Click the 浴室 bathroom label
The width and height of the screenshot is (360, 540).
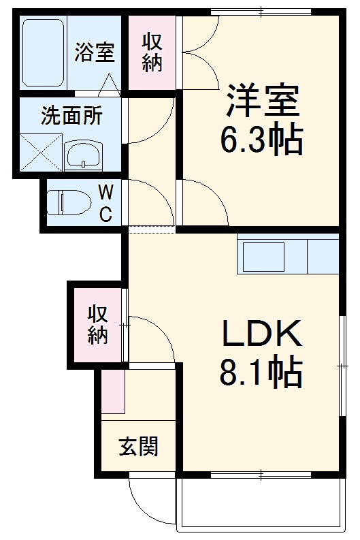point(94,52)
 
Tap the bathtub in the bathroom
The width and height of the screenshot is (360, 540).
point(43,52)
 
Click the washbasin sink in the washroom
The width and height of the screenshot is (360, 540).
point(84,155)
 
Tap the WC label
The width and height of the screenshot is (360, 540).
point(105,202)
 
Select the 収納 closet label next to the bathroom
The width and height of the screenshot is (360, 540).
point(153,52)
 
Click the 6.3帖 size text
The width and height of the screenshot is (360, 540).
point(261,141)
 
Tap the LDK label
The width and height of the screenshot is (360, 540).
point(261,334)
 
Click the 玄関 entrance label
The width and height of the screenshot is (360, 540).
point(139,447)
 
